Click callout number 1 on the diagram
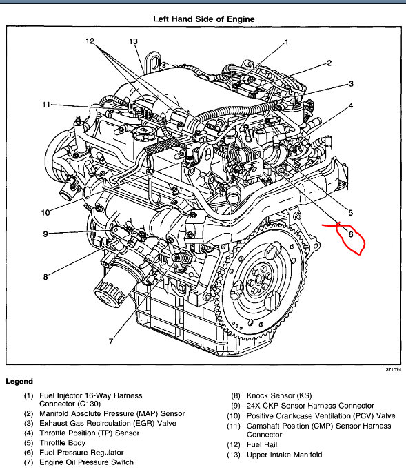click(286, 41)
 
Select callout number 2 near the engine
click(329, 63)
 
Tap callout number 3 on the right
click(351, 84)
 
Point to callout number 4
click(351, 106)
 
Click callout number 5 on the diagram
click(350, 213)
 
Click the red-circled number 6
click(350, 234)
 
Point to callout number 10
click(45, 212)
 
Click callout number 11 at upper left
click(45, 105)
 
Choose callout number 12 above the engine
click(90, 41)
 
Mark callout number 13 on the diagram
click(134, 41)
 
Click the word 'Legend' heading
click(19, 381)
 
